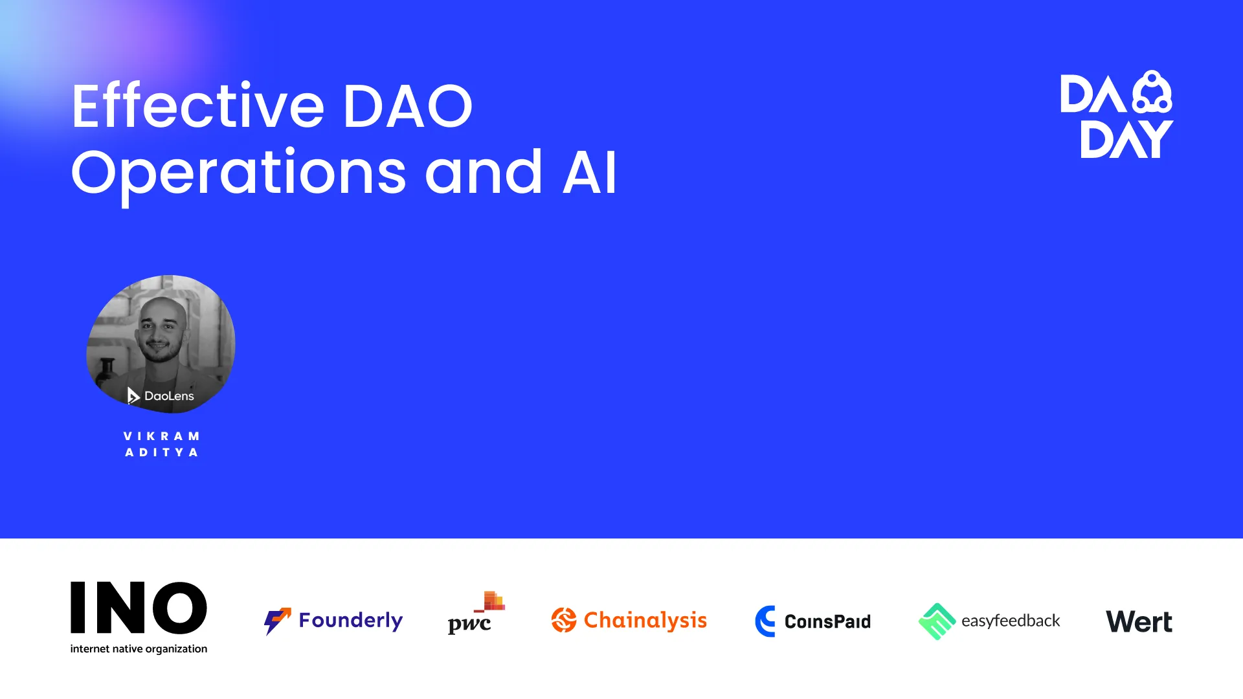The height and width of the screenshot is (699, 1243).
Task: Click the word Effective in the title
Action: [x=198, y=105]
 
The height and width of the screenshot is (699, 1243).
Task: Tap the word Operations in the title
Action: [x=239, y=173]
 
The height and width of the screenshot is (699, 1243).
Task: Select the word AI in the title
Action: [x=590, y=172]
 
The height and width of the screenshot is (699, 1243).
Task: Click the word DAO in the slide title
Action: [x=407, y=105]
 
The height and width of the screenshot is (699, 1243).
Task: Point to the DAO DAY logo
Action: [x=1117, y=115]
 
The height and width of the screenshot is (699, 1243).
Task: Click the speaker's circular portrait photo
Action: [x=161, y=344]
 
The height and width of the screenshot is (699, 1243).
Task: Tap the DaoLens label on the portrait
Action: [x=161, y=395]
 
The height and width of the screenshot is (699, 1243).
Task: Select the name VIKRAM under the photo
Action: [x=162, y=436]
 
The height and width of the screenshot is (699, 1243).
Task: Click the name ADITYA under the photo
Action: [x=162, y=452]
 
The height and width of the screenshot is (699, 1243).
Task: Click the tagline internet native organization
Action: [x=139, y=649]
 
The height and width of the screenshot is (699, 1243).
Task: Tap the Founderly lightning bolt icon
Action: [x=277, y=621]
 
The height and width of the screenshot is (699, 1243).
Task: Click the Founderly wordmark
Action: [x=351, y=621]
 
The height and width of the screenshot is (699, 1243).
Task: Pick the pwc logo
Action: [x=476, y=613]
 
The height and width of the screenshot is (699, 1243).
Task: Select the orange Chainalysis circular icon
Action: [x=564, y=620]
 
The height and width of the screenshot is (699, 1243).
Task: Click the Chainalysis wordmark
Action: [x=645, y=620]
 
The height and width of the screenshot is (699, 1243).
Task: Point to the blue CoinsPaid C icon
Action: [x=765, y=621]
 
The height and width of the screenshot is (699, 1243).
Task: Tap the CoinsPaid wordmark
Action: [x=827, y=622]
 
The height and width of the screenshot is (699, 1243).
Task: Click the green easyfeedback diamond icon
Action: [x=937, y=621]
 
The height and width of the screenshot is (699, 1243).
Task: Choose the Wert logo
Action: [x=1139, y=622]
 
